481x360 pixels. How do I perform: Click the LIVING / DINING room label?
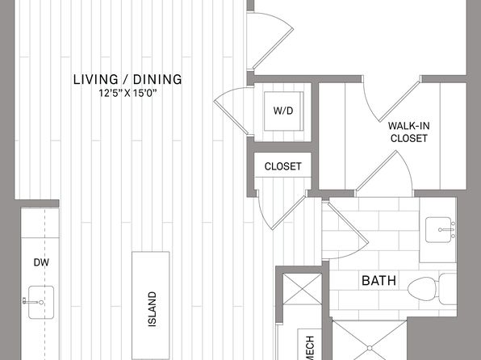tap(128, 79)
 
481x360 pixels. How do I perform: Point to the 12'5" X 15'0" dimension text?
tap(128, 93)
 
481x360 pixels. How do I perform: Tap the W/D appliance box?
tap(283, 111)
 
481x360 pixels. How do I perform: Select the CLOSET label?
tap(282, 166)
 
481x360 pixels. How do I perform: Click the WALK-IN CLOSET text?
tap(409, 132)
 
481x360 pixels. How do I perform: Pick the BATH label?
tap(379, 281)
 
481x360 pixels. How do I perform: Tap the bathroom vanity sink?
tap(440, 230)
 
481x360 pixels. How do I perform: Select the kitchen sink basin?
tap(41, 303)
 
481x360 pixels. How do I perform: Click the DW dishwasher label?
tap(41, 262)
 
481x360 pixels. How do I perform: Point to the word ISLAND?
tap(153, 309)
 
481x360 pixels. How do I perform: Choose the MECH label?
tap(310, 349)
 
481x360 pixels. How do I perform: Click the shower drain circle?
tap(370, 349)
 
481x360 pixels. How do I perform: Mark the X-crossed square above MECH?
tap(302, 289)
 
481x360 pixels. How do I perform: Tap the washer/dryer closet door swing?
tap(234, 111)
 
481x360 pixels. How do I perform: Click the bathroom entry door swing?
tap(345, 231)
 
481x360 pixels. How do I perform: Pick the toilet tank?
tap(448, 288)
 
